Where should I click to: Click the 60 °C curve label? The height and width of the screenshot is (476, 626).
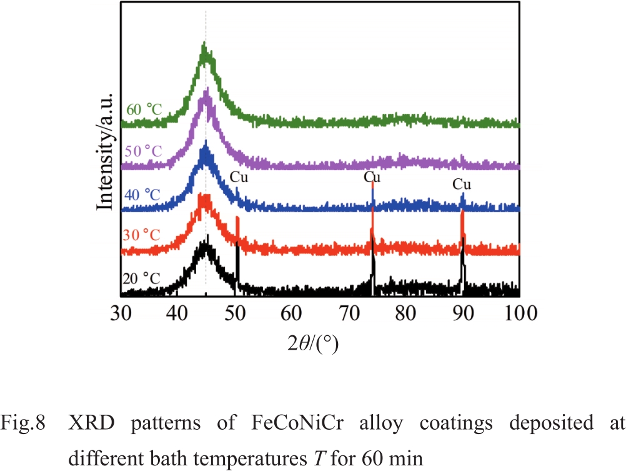coord(144,109)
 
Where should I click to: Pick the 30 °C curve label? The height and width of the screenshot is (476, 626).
coord(144,235)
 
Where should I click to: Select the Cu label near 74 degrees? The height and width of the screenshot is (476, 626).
coord(373,178)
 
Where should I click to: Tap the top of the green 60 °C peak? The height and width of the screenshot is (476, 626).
coord(204,45)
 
